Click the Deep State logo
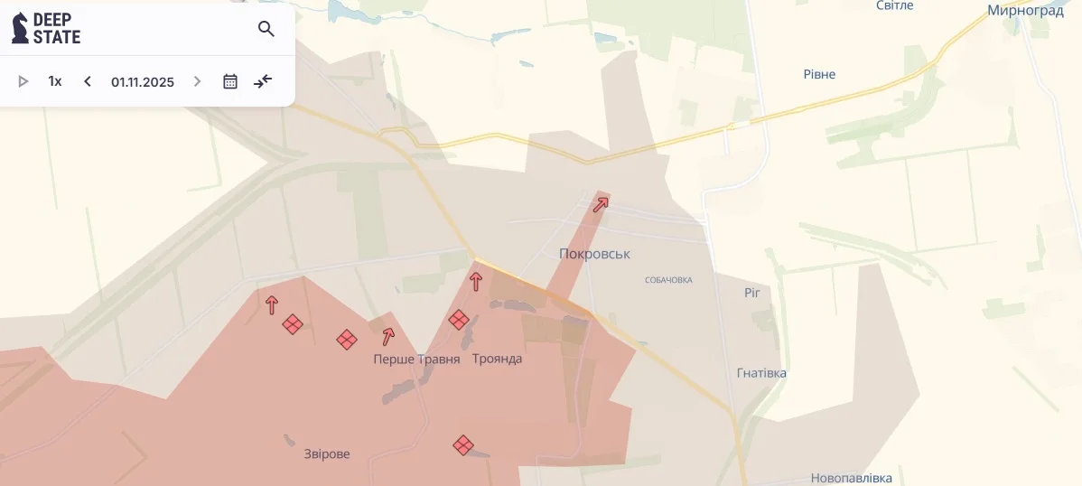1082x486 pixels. (46, 29)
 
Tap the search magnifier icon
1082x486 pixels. (266, 29)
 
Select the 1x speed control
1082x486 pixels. (55, 81)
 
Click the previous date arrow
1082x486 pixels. (88, 81)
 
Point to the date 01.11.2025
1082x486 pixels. (143, 82)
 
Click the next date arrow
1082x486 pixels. (197, 81)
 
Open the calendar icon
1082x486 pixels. (230, 81)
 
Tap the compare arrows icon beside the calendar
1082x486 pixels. (263, 81)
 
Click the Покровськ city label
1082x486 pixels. (594, 254)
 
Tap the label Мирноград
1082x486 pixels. (1025, 11)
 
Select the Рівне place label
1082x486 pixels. (819, 74)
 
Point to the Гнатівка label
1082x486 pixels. (761, 373)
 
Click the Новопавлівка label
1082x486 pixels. (851, 478)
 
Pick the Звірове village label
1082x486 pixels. (327, 453)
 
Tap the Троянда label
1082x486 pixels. (497, 359)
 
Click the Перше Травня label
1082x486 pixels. (416, 360)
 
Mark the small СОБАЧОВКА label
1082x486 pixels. (668, 280)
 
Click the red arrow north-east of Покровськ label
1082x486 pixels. (601, 204)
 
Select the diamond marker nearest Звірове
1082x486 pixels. (463, 445)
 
